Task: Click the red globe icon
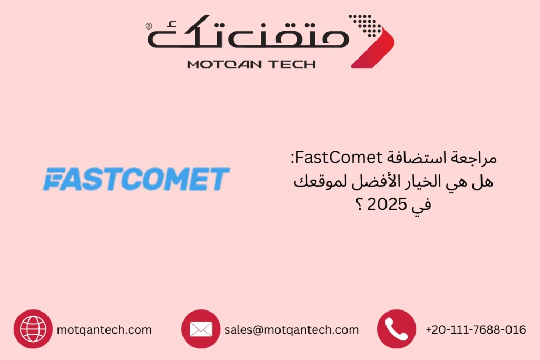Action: pyautogui.click(x=33, y=329)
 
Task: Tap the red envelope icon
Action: pyautogui.click(x=200, y=329)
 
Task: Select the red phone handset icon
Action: pyautogui.click(x=396, y=329)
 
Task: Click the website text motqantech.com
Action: pyautogui.click(x=104, y=330)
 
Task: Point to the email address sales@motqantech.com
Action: pyautogui.click(x=291, y=330)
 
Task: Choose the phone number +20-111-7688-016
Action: pyautogui.click(x=476, y=330)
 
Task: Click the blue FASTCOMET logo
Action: pyautogui.click(x=136, y=179)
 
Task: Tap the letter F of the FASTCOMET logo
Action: pyautogui.click(x=53, y=179)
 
